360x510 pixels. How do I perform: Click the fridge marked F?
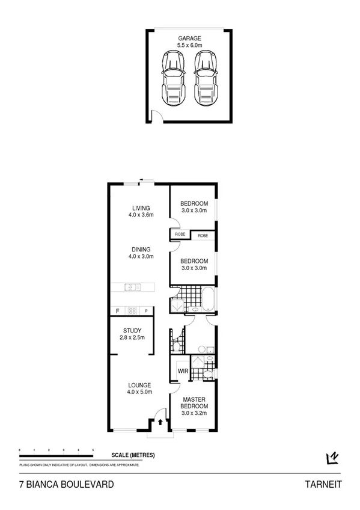(x=117, y=311)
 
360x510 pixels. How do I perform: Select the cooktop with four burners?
(x=133, y=311)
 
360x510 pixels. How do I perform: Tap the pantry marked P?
(x=146, y=311)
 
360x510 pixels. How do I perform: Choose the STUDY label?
(x=132, y=330)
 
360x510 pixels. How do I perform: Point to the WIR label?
(x=183, y=372)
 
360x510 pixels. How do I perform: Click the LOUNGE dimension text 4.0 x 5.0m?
(x=139, y=392)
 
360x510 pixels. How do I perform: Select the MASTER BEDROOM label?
(x=194, y=402)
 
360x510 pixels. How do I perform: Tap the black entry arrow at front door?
(x=160, y=422)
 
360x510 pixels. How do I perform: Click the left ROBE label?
(x=180, y=234)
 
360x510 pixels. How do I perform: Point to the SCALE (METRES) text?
(x=133, y=455)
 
